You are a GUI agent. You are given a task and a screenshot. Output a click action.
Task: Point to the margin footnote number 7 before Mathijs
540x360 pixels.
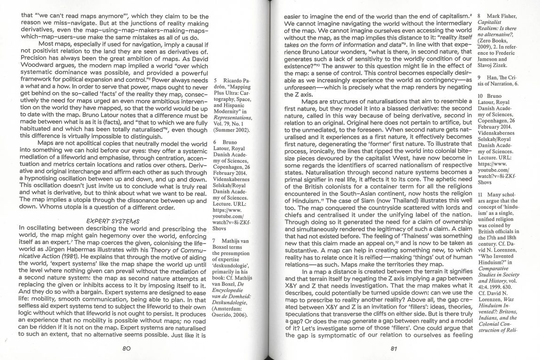coord(215,240)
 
